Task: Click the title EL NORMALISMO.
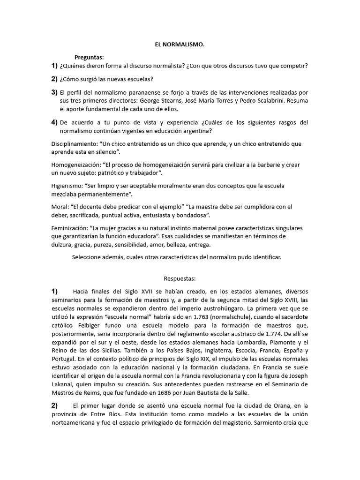pyautogui.click(x=180, y=45)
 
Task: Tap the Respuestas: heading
pyautogui.click(x=180, y=278)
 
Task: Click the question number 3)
pyautogui.click(x=54, y=92)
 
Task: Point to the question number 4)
pyautogui.click(x=54, y=122)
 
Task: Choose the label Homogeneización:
pyautogui.click(x=75, y=165)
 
